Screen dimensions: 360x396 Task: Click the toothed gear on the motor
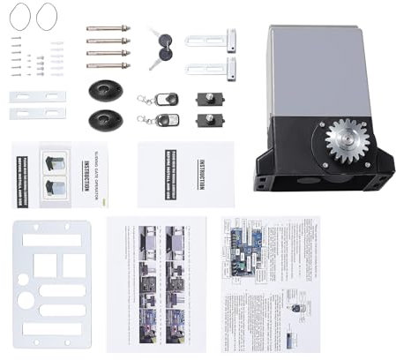[347, 142]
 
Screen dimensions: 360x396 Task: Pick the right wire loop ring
[45, 14]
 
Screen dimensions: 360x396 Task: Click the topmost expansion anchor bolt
[108, 29]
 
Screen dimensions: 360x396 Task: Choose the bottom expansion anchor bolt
[108, 65]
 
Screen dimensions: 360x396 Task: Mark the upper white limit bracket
[212, 41]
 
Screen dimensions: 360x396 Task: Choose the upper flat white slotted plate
[37, 96]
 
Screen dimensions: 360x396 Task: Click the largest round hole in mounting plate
[26, 301]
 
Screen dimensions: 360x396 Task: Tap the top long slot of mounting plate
[51, 240]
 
